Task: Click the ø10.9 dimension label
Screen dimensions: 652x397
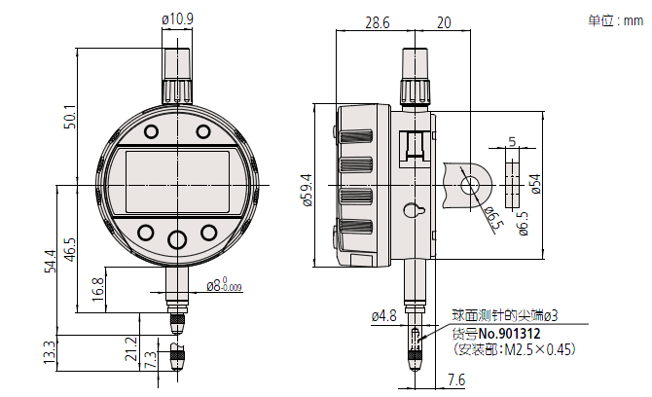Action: coord(177,19)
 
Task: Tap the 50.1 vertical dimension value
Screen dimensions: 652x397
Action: coord(70,117)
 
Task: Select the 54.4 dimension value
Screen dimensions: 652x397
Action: coord(51,261)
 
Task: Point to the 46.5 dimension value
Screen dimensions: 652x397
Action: coord(70,249)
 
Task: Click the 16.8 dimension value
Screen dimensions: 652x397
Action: coord(97,290)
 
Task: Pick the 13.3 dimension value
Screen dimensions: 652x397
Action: coord(49,352)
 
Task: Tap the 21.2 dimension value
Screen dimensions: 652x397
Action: coord(131,348)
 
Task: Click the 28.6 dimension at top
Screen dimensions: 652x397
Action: coord(378,22)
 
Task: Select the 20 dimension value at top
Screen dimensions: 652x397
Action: coord(444,22)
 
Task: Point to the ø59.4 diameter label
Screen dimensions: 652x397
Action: coord(308,190)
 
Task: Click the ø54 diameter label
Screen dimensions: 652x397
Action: coord(536,184)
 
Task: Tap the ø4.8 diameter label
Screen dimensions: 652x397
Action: coord(383,316)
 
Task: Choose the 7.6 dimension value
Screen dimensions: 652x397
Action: coord(456,379)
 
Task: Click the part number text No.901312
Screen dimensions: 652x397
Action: coord(509,334)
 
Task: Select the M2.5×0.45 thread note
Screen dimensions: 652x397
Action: coord(537,349)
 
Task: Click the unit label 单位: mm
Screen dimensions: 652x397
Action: coord(615,20)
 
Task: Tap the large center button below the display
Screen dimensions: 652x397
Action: coord(177,239)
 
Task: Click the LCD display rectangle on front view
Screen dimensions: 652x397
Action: coord(177,182)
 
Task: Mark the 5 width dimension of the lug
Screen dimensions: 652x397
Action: coord(512,141)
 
